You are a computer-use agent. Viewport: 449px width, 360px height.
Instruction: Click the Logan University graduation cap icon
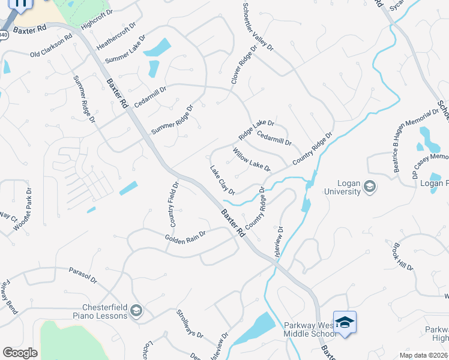point(370,187)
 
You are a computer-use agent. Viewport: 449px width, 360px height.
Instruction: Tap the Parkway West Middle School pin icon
point(345,323)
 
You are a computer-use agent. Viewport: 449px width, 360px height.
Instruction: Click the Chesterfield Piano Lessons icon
point(136,310)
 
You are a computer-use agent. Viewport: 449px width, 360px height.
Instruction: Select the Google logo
point(20,353)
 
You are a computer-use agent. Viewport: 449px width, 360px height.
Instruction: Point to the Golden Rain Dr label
point(186,236)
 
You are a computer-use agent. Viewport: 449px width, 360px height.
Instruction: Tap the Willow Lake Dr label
point(252,159)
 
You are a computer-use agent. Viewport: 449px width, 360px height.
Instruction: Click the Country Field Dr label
point(173,205)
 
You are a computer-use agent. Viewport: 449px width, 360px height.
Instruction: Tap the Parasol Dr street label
point(82,275)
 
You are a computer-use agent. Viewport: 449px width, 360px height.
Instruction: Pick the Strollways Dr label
point(190,323)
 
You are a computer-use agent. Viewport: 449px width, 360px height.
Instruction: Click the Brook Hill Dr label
point(403,257)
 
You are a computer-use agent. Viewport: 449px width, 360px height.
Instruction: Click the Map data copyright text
point(423,355)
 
